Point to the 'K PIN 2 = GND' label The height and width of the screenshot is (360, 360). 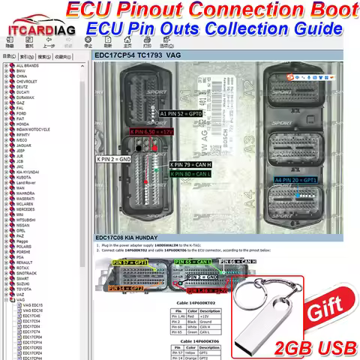point(115,159)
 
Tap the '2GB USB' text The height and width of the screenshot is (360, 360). point(316,346)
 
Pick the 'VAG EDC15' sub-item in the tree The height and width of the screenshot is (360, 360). point(34,305)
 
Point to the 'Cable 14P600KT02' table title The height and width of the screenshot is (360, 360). point(196,303)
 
